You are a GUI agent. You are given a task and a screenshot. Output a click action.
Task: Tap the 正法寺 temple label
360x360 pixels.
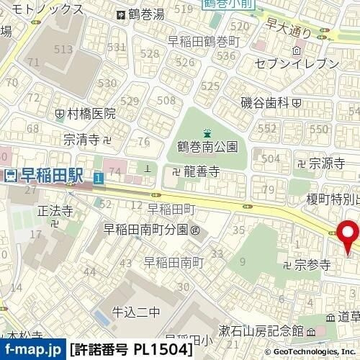click(55, 212)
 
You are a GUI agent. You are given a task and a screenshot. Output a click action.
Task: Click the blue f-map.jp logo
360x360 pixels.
click(32, 349)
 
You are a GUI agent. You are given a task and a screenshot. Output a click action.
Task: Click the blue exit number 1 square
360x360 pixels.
click(97, 176)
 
